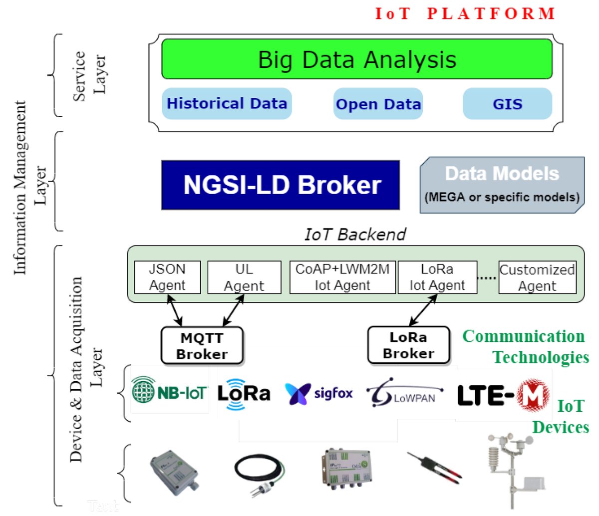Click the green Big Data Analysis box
click(356, 59)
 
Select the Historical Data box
click(227, 104)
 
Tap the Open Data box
click(378, 104)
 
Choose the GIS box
click(507, 104)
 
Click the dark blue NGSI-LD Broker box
click(281, 185)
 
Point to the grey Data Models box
click(502, 185)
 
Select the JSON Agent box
click(167, 277)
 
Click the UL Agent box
click(244, 277)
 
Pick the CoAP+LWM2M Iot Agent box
click(342, 277)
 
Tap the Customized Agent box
click(537, 277)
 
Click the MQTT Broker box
click(202, 345)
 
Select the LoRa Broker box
click(408, 345)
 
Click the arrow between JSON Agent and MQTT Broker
click(174, 310)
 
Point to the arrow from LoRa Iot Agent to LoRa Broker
click(423, 310)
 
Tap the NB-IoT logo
click(169, 392)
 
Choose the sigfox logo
click(319, 393)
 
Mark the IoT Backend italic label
click(355, 234)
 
